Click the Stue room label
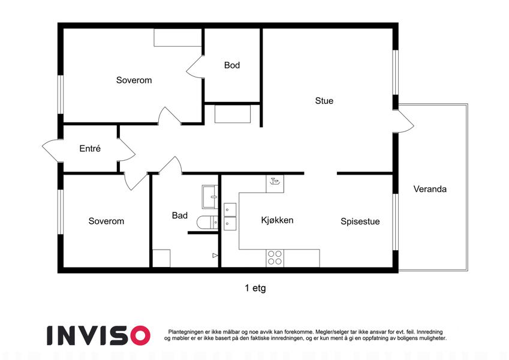324,101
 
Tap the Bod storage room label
232,65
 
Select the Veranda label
430,189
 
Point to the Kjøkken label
277,220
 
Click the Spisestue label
360,221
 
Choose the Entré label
90,148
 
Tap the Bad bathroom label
179,215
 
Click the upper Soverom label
134,80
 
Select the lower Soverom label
106,221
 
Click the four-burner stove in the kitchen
275,258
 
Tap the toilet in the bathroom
207,223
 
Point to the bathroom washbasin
210,197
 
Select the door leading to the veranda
403,122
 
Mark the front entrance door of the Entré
52,150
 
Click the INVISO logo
98,335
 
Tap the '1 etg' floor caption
255,288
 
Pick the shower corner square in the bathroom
161,259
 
